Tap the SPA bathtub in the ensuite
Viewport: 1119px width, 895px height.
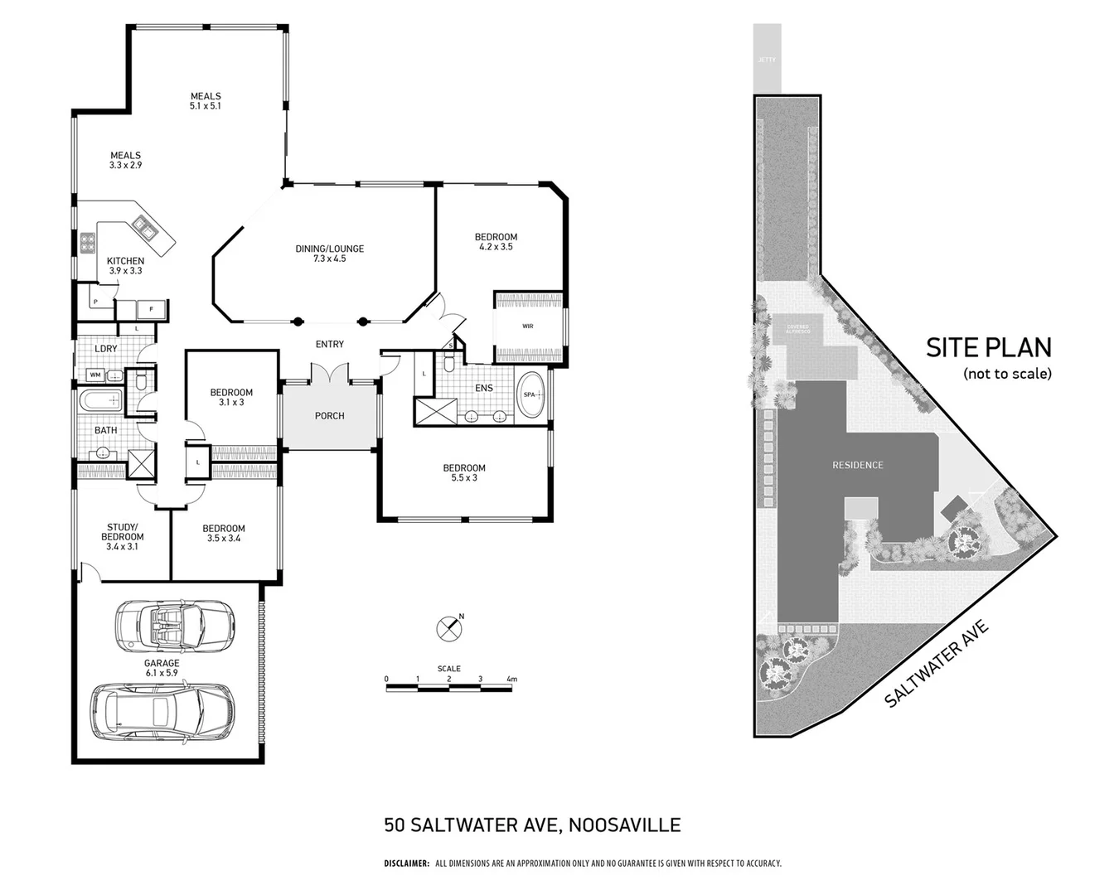coord(530,395)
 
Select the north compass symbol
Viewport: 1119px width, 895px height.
coord(448,628)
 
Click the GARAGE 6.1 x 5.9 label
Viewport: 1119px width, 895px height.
coord(162,668)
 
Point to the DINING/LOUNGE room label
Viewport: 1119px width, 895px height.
coord(329,254)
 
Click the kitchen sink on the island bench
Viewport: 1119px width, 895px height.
coord(143,226)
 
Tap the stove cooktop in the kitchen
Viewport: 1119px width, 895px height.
coord(87,243)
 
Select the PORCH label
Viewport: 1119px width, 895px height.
coord(329,416)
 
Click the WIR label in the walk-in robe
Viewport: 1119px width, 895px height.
coord(528,327)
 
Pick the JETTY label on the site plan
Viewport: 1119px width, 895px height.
coord(766,60)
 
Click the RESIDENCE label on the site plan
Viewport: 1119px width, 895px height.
coord(857,466)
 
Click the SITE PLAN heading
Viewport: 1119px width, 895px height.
coord(988,347)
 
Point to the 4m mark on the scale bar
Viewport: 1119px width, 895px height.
coord(511,680)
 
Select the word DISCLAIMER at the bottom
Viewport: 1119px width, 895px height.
coord(406,864)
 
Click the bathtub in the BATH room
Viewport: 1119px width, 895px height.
coord(100,403)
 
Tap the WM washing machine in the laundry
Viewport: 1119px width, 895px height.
coord(94,375)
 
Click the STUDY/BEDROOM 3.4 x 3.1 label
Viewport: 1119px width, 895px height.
coord(122,537)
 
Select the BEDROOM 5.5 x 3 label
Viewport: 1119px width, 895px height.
coord(463,472)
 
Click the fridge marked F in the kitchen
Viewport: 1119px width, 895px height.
coord(151,309)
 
